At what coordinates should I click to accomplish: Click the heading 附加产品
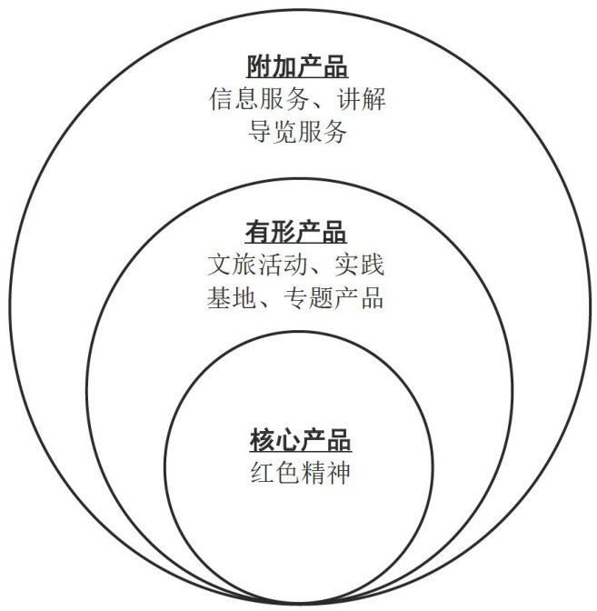(x=298, y=67)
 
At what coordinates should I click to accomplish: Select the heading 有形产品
(x=296, y=232)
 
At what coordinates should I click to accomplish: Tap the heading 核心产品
(x=299, y=442)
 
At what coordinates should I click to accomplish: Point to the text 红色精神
(x=299, y=474)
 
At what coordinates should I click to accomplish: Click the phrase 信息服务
(x=258, y=99)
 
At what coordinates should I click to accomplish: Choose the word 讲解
(x=362, y=99)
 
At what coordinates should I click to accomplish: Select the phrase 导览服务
(x=298, y=132)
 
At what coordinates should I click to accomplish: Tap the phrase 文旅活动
(x=257, y=265)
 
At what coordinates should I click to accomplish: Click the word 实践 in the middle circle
(x=361, y=265)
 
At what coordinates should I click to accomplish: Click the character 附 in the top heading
(x=260, y=67)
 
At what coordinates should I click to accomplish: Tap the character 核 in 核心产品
(x=261, y=442)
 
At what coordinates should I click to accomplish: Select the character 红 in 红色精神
(x=260, y=474)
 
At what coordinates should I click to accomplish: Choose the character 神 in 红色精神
(x=337, y=474)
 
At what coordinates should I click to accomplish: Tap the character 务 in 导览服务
(x=336, y=132)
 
